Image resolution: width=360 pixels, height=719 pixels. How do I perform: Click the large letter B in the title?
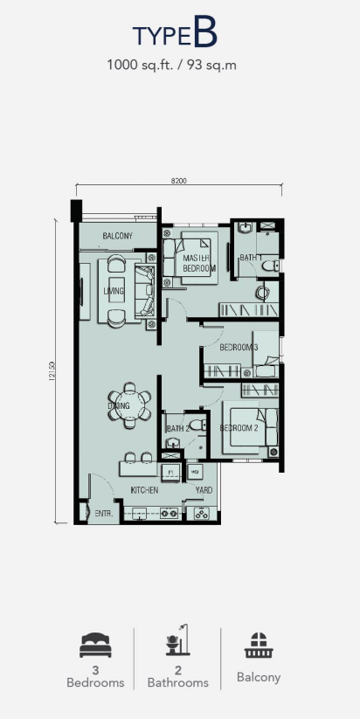pyautogui.click(x=204, y=34)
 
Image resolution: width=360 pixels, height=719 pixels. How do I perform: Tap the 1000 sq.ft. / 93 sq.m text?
pyautogui.click(x=172, y=64)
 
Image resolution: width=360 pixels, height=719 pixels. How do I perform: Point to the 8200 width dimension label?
pyautogui.click(x=179, y=181)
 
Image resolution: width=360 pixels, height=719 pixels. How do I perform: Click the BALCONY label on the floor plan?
pyautogui.click(x=117, y=237)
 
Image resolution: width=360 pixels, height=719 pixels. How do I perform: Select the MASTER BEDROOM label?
pyautogui.click(x=199, y=264)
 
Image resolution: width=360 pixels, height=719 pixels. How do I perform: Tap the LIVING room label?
pyautogui.click(x=114, y=291)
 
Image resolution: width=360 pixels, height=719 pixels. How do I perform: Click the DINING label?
pyautogui.click(x=119, y=405)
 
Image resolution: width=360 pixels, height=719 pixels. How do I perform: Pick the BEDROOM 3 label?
pyautogui.click(x=239, y=348)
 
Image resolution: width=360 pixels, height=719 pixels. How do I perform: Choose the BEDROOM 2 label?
pyautogui.click(x=238, y=427)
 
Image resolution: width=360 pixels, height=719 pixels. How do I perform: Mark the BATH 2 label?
pyautogui.click(x=177, y=428)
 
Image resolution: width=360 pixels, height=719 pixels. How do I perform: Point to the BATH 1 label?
pyautogui.click(x=251, y=258)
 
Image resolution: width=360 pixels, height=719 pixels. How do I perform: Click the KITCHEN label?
pyautogui.click(x=144, y=491)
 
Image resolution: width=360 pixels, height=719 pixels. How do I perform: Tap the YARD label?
pyautogui.click(x=204, y=491)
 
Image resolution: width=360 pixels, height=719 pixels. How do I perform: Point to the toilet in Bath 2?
pyautogui.click(x=198, y=425)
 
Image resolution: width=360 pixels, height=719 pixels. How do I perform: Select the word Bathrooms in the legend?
pyautogui.click(x=177, y=682)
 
